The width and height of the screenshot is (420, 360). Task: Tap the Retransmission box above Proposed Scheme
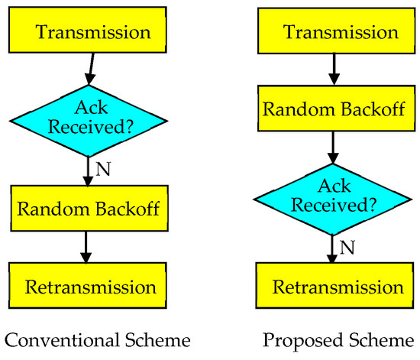pyautogui.click(x=331, y=287)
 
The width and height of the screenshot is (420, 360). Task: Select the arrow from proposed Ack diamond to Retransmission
pyautogui.click(x=331, y=249)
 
